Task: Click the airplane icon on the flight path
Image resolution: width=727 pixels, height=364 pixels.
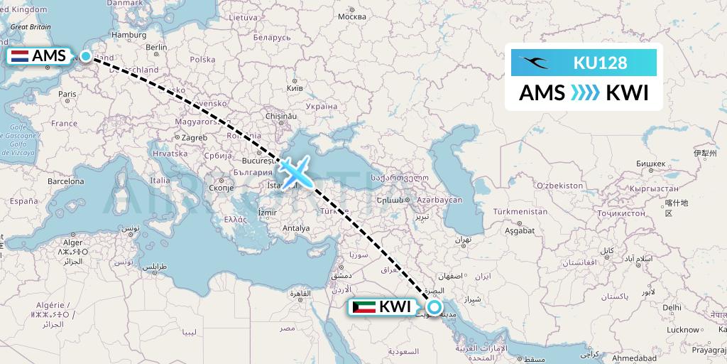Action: click(293, 171)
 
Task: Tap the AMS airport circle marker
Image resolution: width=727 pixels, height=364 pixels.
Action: click(86, 56)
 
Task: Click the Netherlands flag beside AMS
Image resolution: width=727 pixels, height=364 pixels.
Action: click(21, 56)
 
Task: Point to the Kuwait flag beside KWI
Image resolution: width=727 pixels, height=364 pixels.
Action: click(363, 308)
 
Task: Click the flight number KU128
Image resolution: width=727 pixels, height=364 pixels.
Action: click(600, 63)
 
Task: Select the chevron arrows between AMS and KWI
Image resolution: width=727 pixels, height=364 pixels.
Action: click(586, 93)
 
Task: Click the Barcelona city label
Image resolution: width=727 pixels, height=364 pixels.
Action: click(66, 181)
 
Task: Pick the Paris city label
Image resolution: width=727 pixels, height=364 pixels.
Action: click(67, 94)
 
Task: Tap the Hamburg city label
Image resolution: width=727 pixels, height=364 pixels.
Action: click(129, 34)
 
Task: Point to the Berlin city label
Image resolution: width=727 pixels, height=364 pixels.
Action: click(156, 48)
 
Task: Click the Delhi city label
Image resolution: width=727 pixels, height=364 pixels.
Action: click(672, 306)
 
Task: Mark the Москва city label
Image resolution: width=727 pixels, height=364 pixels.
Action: click(352, 16)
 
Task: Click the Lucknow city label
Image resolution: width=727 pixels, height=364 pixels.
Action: click(683, 329)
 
